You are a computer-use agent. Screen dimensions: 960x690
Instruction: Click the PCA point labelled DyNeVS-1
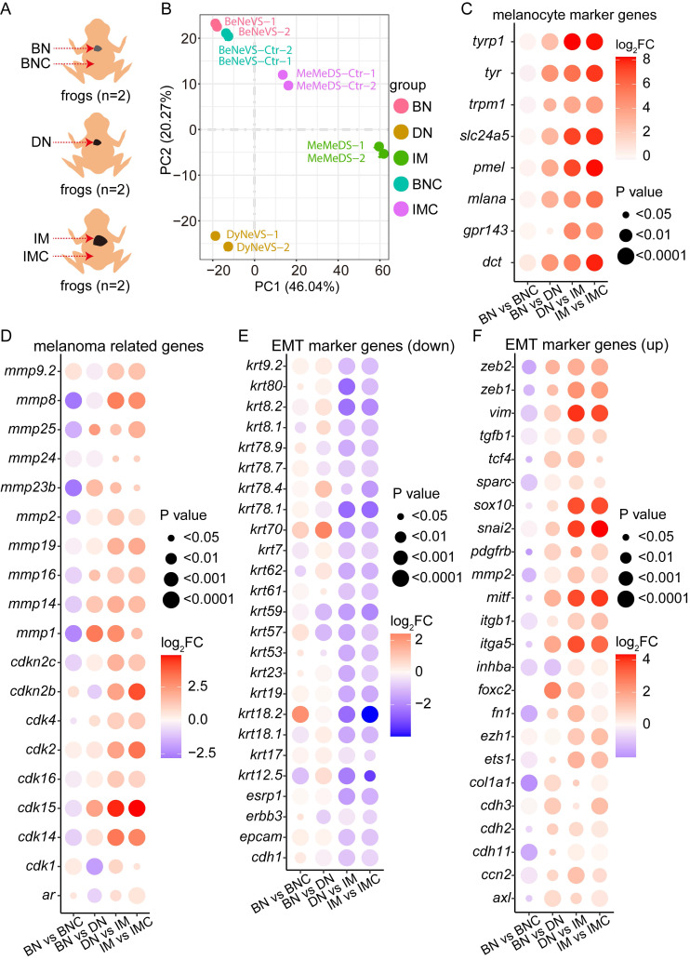tap(216, 236)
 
